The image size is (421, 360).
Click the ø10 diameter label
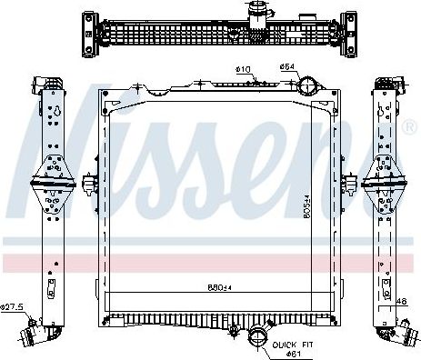243,70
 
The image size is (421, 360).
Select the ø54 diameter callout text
285,66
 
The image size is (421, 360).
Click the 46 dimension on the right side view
402,300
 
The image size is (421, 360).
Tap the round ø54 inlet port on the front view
310,87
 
